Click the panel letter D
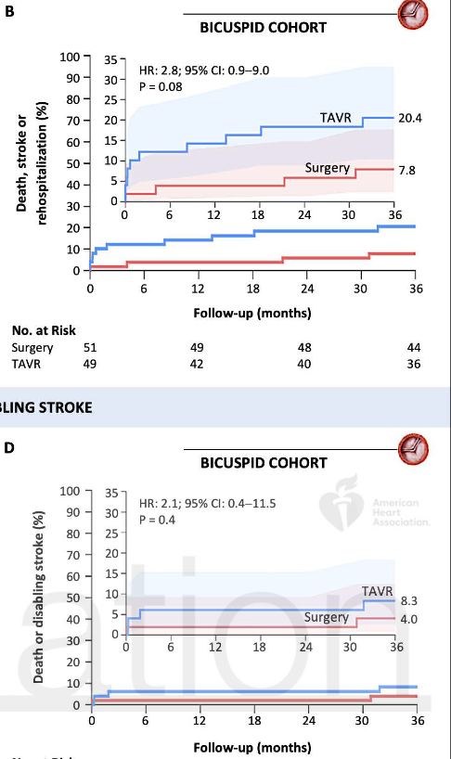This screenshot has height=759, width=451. [8, 448]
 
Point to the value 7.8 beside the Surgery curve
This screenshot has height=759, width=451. [406, 171]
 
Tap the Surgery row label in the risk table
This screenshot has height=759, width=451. [32, 348]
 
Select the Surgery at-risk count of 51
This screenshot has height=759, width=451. [90, 348]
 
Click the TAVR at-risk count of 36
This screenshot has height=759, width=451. [413, 365]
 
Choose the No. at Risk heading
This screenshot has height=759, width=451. [44, 330]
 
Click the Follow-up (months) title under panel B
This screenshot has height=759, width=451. [251, 313]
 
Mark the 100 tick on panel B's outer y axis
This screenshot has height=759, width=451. [69, 58]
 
